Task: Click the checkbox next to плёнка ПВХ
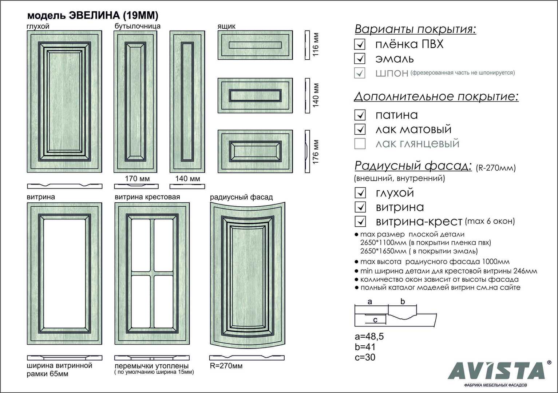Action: (360, 44)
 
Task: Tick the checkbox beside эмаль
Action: (360, 59)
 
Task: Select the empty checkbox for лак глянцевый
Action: (360, 144)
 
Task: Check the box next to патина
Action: (360, 115)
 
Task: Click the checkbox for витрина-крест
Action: (360, 221)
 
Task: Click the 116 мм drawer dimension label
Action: (316, 45)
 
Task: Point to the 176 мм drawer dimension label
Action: (316, 152)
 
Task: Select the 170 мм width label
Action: (137, 179)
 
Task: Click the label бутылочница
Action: (138, 26)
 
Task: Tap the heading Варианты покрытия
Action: (415, 29)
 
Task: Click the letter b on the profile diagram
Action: (403, 301)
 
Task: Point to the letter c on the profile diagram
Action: (375, 320)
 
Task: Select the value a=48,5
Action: (369, 337)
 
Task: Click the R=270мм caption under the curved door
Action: (226, 366)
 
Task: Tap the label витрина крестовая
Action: (147, 197)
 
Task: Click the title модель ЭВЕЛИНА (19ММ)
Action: (93, 15)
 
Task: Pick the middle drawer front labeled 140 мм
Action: (255, 96)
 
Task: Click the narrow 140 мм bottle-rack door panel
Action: (187, 102)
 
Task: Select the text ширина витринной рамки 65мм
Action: (59, 370)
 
